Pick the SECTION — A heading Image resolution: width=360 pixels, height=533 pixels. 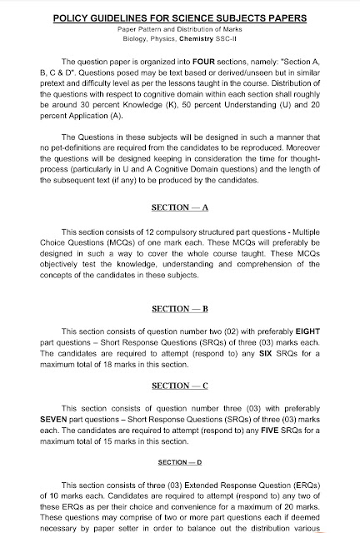tap(179, 205)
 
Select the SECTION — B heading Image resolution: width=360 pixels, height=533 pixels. tap(179, 308)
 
